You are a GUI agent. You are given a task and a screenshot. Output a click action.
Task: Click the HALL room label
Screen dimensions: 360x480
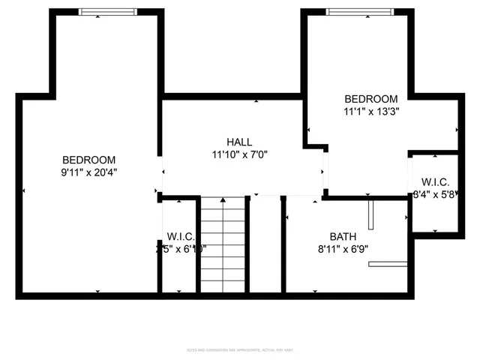(239, 142)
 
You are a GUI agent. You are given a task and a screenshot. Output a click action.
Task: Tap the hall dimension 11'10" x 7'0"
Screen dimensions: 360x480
(239, 155)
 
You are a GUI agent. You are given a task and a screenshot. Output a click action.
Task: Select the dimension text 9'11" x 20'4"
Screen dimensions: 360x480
(88, 172)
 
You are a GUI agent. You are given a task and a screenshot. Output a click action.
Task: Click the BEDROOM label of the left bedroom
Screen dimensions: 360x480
(88, 159)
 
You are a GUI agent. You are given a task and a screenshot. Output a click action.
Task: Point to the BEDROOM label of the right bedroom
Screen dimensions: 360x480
(370, 99)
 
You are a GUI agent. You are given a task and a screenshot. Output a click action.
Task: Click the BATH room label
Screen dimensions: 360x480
(343, 236)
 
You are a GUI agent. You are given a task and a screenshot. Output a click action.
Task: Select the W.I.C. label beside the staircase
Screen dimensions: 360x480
(181, 236)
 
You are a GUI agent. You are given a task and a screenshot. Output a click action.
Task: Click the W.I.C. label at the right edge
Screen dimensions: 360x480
(435, 181)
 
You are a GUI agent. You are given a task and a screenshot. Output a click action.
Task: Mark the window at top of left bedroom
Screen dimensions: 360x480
(109, 12)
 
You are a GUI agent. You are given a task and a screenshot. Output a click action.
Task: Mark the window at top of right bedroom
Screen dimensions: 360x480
(358, 12)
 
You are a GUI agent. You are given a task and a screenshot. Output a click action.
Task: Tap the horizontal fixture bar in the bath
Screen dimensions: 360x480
(388, 263)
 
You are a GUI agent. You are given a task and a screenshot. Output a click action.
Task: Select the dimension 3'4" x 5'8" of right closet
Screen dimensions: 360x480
(435, 194)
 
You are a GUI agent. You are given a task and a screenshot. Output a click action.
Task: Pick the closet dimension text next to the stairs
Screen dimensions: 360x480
(181, 249)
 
